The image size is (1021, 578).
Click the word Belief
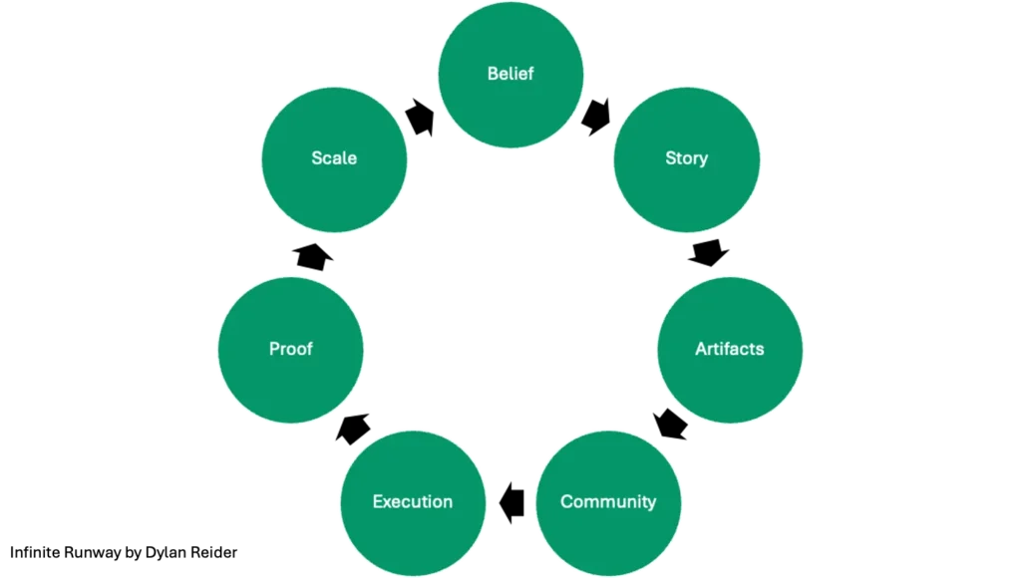(510, 74)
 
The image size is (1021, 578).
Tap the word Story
(686, 157)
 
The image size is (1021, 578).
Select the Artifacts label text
(729, 349)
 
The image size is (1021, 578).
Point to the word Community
(608, 501)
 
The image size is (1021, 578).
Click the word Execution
(412, 501)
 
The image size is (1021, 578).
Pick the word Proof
(290, 349)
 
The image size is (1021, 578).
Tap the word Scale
(333, 157)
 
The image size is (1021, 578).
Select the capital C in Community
(566, 501)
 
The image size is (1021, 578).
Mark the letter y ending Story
(703, 159)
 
